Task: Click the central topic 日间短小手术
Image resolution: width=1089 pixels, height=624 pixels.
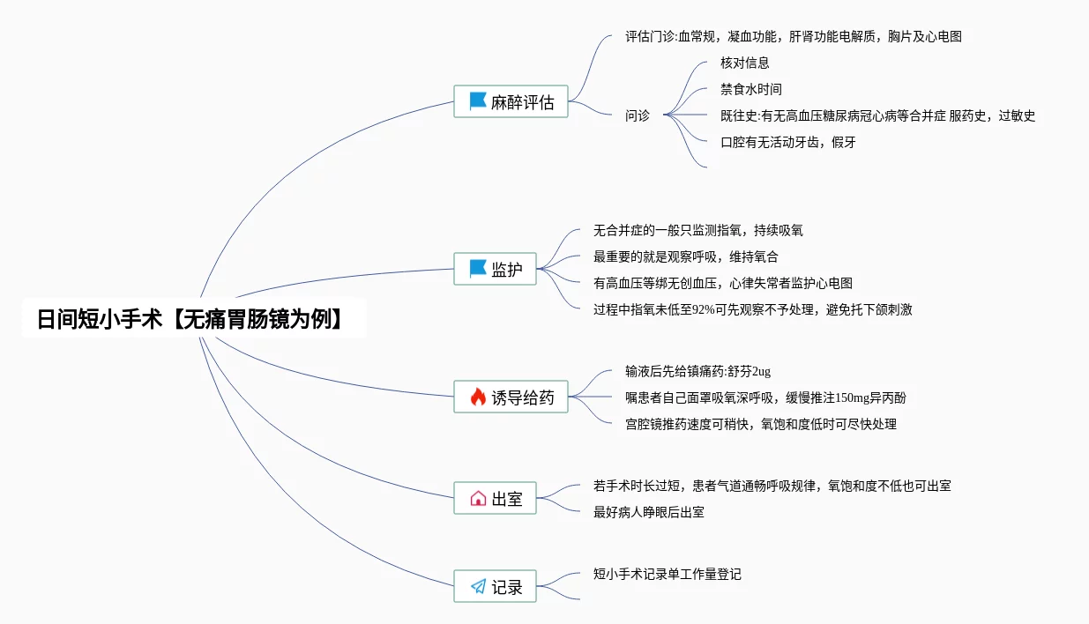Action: click(190, 319)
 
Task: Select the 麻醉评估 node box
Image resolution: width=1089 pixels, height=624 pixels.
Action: click(511, 101)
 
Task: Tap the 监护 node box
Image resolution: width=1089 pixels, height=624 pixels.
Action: click(495, 269)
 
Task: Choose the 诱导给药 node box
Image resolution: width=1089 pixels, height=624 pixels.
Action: click(511, 397)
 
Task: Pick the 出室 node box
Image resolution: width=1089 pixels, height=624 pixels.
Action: click(495, 499)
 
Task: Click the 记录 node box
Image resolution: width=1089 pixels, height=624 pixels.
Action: click(495, 587)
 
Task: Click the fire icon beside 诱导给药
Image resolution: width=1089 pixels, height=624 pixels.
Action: click(478, 397)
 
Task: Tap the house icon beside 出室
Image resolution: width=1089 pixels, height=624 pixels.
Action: click(478, 499)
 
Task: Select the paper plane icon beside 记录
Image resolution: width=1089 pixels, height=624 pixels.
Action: click(478, 587)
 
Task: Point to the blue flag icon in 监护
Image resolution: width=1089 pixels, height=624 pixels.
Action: click(478, 269)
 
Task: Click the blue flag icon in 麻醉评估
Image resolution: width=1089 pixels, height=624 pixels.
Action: click(478, 101)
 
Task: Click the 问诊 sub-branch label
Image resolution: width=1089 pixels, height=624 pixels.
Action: click(638, 115)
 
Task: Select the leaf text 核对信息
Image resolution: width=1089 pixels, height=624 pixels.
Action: click(745, 63)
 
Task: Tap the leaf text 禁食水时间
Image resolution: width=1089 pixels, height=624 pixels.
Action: click(751, 89)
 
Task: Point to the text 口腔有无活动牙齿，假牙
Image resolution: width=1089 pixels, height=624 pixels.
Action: click(788, 142)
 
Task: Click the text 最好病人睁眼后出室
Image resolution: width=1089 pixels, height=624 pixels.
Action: click(649, 512)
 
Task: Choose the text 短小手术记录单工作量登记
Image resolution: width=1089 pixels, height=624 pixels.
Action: click(668, 574)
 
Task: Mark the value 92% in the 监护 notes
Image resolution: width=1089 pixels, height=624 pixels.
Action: click(705, 309)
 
